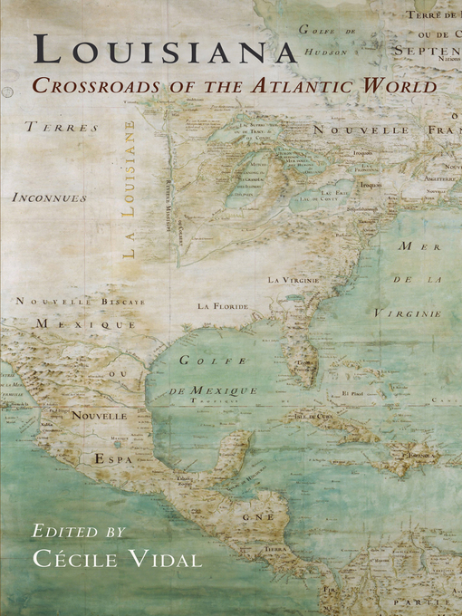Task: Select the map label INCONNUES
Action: point(50,197)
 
